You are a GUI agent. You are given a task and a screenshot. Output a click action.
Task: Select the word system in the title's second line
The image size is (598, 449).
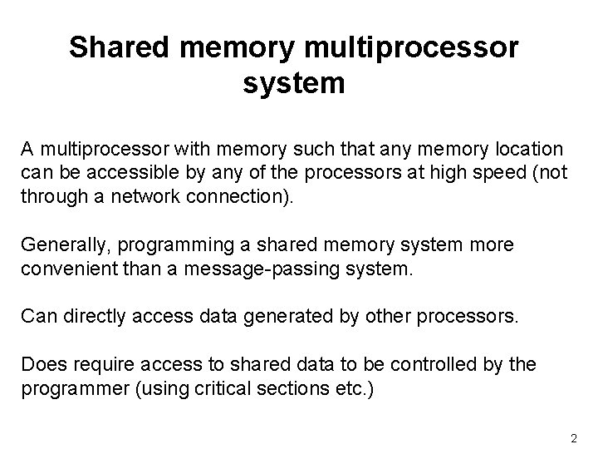295,84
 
